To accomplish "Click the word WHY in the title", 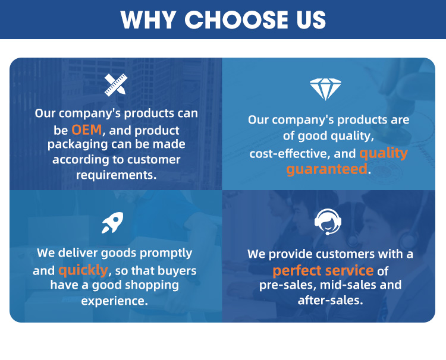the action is pyautogui.click(x=147, y=20).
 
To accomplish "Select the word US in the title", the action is pyautogui.click(x=312, y=20).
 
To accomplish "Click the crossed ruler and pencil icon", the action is pyautogui.click(x=116, y=85).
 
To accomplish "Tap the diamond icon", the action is pyautogui.click(x=325, y=89).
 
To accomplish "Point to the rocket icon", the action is pyautogui.click(x=112, y=223).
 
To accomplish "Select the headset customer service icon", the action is pyautogui.click(x=328, y=222).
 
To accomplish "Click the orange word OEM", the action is pyautogui.click(x=86, y=130).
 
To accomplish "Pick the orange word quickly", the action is pyautogui.click(x=83, y=270).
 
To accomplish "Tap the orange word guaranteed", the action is pyautogui.click(x=327, y=169).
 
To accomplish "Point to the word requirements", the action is pyautogui.click(x=117, y=175).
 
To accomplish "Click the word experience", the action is pyautogui.click(x=115, y=301).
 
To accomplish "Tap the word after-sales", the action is pyautogui.click(x=331, y=300).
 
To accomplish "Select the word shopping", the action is pyautogui.click(x=152, y=285).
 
